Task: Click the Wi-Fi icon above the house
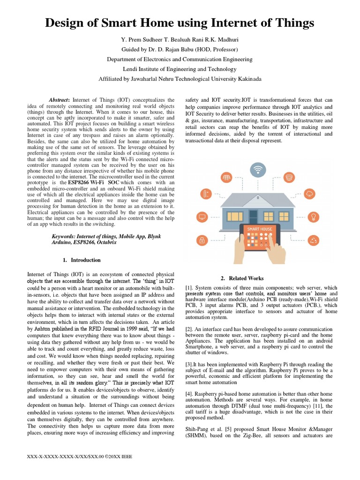(x=257, y=169)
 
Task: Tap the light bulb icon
(x=312, y=216)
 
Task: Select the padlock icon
(x=202, y=241)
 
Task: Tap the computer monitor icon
(x=202, y=217)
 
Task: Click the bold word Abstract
(x=59, y=100)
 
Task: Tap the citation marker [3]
(x=189, y=365)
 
